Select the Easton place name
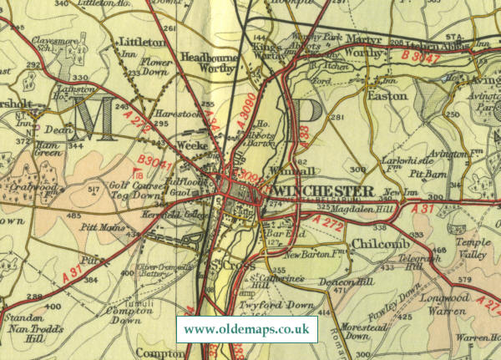point(385,96)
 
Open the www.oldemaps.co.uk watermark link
point(246,329)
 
